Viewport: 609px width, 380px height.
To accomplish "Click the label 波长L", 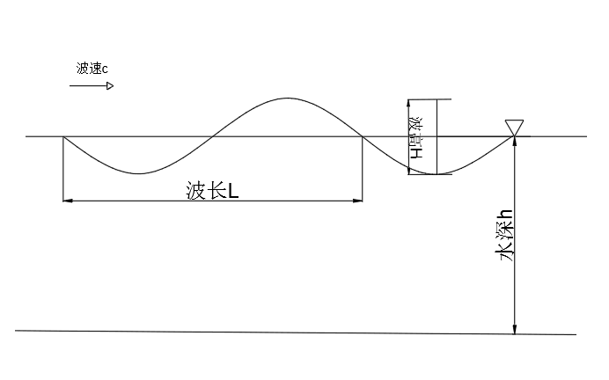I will click(x=211, y=190).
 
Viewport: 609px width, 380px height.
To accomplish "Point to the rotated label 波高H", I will click(x=416, y=137).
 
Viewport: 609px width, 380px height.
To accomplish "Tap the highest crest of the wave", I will click(x=285, y=98).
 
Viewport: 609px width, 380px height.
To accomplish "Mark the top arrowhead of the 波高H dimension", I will click(x=409, y=104).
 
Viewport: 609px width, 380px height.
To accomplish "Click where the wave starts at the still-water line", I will click(x=63, y=137).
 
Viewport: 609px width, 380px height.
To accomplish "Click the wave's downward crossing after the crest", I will click(x=362, y=137).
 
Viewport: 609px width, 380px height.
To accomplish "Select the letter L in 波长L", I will click(x=233, y=190).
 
